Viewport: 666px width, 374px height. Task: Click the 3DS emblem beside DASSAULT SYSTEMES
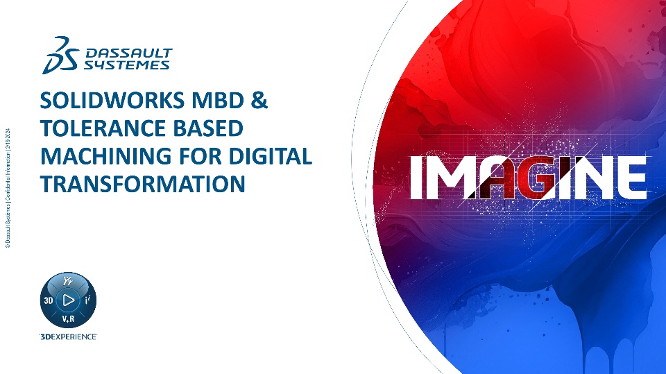(x=61, y=55)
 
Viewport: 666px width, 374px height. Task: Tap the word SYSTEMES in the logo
(x=127, y=64)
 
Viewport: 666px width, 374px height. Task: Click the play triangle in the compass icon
(x=68, y=300)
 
